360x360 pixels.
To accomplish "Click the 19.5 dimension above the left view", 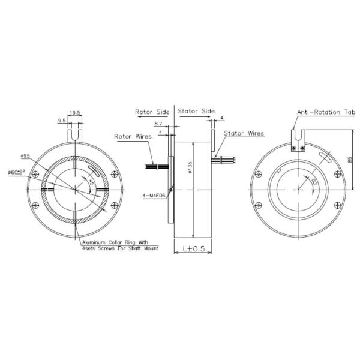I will pos(76,112).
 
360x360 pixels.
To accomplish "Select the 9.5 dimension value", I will pos(61,120).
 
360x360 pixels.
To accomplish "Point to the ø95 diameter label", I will pos(25,157).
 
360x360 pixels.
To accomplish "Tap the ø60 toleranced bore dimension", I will pos(17,172).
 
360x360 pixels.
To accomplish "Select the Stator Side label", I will pos(196,112).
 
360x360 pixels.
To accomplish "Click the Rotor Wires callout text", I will pos(132,136).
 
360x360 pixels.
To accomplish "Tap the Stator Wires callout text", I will pos(244,133).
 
